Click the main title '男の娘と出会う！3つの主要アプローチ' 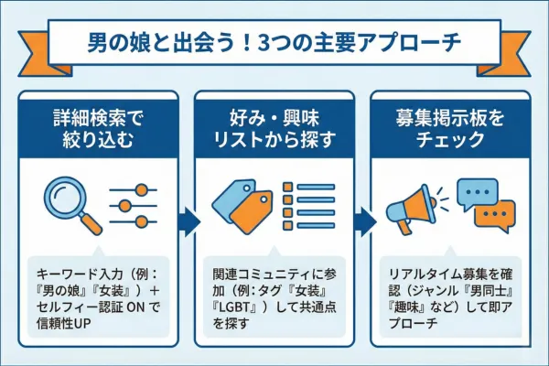(x=274, y=42)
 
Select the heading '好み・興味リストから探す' (x=274, y=130)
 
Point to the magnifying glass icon (x=70, y=203)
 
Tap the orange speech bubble (x=494, y=218)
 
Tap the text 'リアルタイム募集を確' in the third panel (x=448, y=271)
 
